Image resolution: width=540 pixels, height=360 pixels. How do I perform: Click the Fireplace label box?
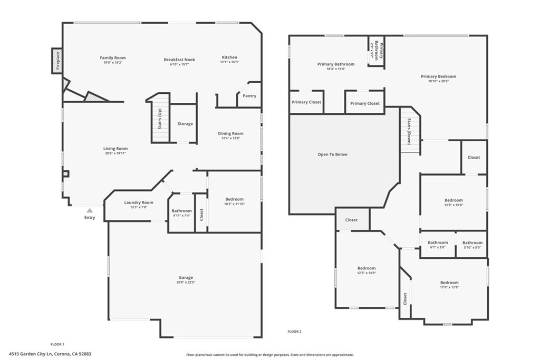tap(57, 61)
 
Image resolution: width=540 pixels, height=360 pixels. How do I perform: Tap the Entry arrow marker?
tap(90, 210)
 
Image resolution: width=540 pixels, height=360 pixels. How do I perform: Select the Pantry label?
tap(249, 96)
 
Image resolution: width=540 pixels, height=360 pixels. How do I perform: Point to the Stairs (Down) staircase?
tap(409, 131)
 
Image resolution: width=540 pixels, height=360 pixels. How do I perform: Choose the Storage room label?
tap(185, 124)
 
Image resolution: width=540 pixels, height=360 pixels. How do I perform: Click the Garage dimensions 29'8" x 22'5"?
tap(186, 283)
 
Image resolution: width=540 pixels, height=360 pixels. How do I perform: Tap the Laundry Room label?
tap(139, 202)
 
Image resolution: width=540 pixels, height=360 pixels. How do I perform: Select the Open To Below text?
tap(332, 154)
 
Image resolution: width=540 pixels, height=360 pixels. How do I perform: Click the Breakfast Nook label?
tap(179, 60)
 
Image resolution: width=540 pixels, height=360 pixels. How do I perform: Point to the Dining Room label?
tap(230, 133)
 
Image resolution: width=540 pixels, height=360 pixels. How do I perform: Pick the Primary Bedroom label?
tap(438, 76)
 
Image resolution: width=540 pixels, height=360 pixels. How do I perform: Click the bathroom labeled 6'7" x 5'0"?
tap(438, 245)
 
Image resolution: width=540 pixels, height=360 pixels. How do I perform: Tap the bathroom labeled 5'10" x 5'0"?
tap(472, 245)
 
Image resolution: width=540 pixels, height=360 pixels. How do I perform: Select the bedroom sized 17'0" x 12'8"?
tap(449, 285)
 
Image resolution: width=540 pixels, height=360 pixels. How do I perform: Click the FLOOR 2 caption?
tap(294, 332)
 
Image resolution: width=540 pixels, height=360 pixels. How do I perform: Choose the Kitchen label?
tap(229, 57)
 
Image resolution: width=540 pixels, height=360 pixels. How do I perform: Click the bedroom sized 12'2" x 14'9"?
tap(367, 270)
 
